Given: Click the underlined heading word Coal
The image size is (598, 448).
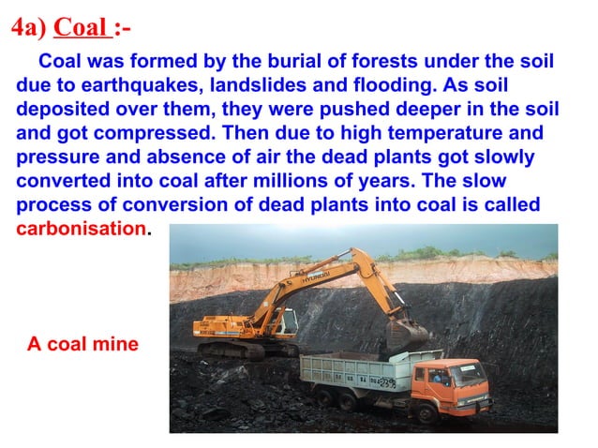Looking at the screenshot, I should point(81,27).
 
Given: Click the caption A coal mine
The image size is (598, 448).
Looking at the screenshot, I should point(82,344).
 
